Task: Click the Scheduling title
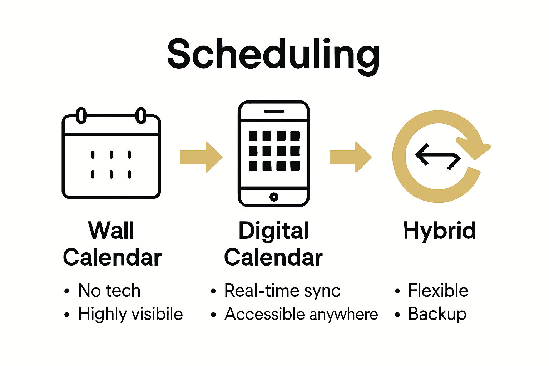[273, 54]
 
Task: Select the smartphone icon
[274, 154]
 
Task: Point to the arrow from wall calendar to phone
[201, 157]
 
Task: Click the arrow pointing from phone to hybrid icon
[350, 157]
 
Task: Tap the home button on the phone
[274, 197]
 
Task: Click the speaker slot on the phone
[274, 111]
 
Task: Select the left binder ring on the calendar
[81, 115]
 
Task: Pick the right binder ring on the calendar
[141, 115]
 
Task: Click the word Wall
[111, 231]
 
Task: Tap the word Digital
[273, 231]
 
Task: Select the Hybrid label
[439, 231]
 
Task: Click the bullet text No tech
[109, 291]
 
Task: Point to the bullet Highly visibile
[130, 314]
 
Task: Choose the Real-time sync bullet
[282, 291]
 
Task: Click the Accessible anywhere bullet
[301, 314]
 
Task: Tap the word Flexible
[438, 291]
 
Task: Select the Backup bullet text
[437, 314]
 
